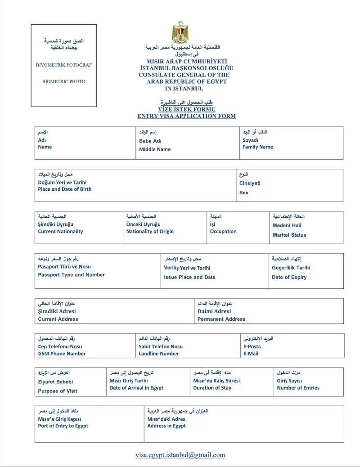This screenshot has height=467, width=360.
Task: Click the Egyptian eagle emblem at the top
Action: (180, 32)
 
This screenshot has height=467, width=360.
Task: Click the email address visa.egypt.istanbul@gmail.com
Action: (180, 455)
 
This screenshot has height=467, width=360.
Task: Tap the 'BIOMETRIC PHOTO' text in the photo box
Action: (63, 81)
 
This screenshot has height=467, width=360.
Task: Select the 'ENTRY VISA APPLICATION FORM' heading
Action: (186, 116)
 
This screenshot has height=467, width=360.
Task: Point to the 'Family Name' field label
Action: (258, 147)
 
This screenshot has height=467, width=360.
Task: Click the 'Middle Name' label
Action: (155, 149)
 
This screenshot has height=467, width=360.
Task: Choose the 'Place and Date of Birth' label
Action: (64, 189)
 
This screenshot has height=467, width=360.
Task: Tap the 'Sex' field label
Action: (243, 193)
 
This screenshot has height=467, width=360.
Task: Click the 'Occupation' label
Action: (223, 232)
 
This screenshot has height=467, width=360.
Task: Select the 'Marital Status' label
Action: (289, 235)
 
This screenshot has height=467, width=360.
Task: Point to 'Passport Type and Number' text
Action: (71, 275)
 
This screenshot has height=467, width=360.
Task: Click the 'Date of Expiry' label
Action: (289, 277)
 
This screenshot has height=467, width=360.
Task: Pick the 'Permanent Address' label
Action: (221, 319)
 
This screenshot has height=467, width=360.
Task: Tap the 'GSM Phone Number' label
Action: (62, 354)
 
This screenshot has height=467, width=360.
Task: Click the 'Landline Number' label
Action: (159, 354)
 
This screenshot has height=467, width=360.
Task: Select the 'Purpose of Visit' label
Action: (58, 391)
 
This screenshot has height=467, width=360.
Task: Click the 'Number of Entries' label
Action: (298, 388)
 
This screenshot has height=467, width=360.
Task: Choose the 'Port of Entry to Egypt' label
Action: (63, 426)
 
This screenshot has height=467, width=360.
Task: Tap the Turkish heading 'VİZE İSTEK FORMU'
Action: (186, 109)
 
